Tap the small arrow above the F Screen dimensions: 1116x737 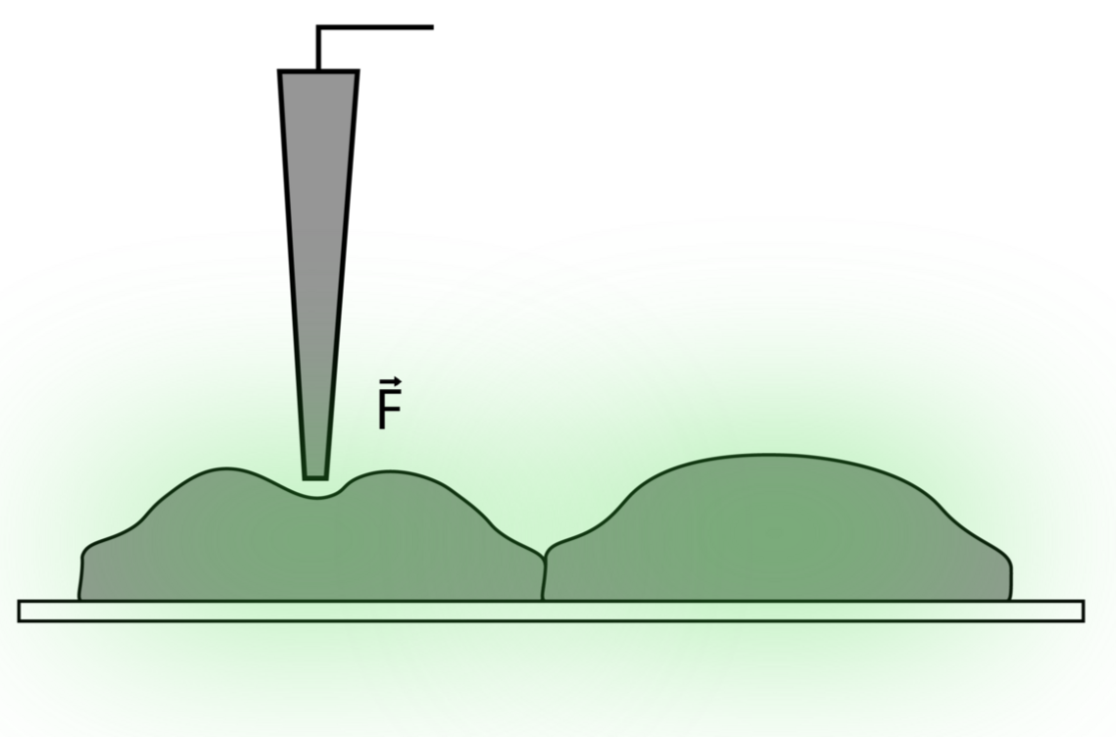coord(388,381)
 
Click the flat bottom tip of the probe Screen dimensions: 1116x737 coord(315,476)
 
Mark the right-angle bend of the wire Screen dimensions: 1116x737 coord(317,27)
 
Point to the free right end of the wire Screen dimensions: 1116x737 coord(431,27)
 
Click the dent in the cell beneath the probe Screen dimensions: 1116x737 coord(315,497)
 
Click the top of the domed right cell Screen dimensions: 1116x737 coord(774,456)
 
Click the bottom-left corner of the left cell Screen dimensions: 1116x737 coord(81,597)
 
